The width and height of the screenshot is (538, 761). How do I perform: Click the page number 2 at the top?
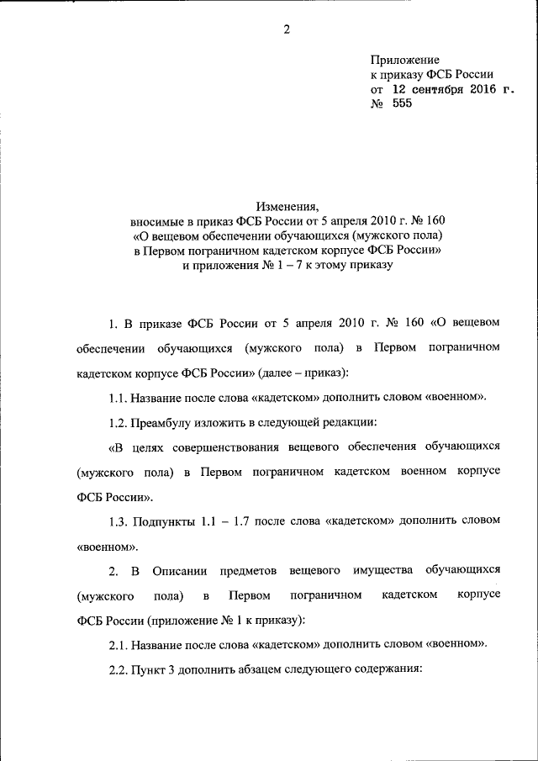click(286, 30)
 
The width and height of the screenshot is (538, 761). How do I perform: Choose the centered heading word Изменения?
click(287, 205)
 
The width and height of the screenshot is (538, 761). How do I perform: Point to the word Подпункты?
click(167, 521)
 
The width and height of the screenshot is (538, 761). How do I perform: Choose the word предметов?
click(250, 571)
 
